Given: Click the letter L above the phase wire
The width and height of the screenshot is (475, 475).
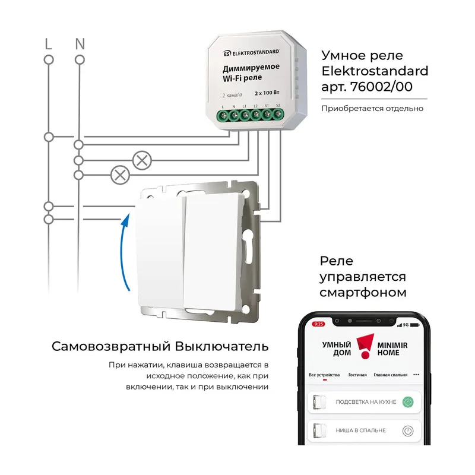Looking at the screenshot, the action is click(x=48, y=44).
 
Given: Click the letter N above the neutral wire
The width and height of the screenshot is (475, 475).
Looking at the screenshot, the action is click(x=80, y=44).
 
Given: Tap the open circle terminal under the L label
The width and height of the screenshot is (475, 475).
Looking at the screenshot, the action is click(x=49, y=60).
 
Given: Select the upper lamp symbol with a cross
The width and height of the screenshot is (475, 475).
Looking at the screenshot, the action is click(x=142, y=160).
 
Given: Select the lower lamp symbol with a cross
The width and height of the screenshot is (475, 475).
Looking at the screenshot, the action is click(x=120, y=175).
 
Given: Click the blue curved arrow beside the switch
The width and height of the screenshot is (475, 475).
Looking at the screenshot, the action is click(x=124, y=251).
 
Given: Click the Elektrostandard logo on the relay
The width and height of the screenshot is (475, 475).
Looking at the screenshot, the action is click(x=251, y=53).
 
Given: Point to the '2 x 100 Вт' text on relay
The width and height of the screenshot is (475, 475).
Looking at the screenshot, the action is click(x=267, y=93).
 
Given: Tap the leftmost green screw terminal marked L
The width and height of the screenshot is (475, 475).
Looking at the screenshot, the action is click(x=224, y=115).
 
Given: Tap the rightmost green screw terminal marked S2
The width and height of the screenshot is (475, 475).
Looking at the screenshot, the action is click(x=277, y=114).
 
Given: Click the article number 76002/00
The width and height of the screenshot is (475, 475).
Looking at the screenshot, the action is click(x=381, y=87).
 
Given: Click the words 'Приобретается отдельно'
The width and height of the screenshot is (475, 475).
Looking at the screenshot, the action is click(x=372, y=109).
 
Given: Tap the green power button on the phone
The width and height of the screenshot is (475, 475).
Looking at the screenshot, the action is click(x=408, y=402).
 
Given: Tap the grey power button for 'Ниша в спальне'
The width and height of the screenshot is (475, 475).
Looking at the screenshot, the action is click(x=408, y=431).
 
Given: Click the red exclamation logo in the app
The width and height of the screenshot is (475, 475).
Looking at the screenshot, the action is click(x=365, y=346).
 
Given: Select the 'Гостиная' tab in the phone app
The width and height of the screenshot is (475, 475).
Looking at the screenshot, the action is click(x=357, y=375).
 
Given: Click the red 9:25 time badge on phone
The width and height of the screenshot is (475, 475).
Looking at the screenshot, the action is click(x=318, y=324).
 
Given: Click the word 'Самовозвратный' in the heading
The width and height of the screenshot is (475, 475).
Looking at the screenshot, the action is click(x=111, y=346).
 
